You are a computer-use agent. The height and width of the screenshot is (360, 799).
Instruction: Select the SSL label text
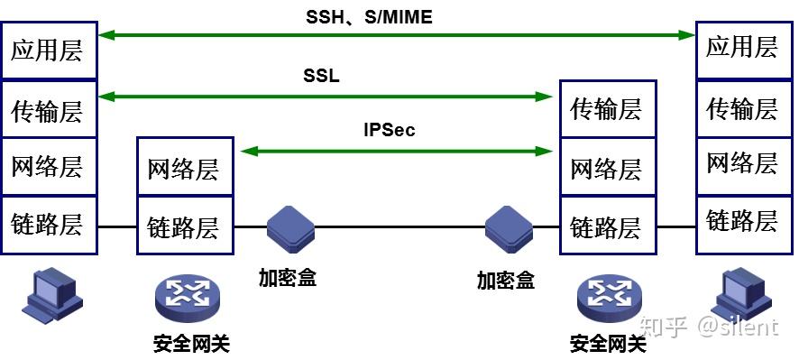(x=321, y=76)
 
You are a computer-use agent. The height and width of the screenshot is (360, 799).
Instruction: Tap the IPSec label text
(x=390, y=131)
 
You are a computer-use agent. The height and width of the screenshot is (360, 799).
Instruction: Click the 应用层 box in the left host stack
(x=48, y=50)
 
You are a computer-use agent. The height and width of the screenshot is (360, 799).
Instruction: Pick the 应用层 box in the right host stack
(x=741, y=47)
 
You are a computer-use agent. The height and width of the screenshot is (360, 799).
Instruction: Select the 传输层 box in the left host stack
(x=48, y=110)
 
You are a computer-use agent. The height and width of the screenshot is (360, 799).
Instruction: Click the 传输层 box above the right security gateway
(x=607, y=109)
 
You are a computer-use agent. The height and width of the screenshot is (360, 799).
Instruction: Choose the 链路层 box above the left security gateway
(x=184, y=226)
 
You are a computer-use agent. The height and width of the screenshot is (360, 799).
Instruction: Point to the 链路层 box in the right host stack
(x=741, y=218)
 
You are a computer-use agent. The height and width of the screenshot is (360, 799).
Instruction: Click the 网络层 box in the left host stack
(x=48, y=167)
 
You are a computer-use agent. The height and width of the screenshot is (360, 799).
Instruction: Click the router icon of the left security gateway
(x=186, y=296)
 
